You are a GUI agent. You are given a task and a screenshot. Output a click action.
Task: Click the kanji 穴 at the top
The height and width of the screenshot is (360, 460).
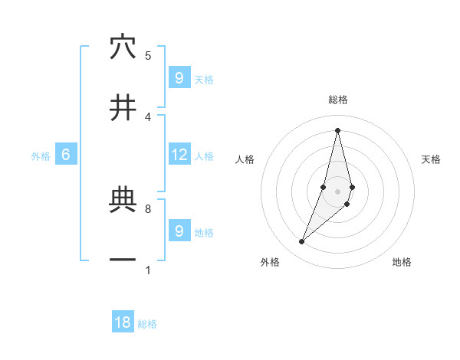point(123,47)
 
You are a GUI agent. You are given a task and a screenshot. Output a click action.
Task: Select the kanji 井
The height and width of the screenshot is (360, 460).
point(123,108)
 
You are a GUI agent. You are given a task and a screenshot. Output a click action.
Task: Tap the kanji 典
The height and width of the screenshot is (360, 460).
point(123,201)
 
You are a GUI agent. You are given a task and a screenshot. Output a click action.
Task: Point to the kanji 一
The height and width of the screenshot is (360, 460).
point(123,260)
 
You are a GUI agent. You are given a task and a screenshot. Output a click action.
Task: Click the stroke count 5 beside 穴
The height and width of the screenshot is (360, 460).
point(148,55)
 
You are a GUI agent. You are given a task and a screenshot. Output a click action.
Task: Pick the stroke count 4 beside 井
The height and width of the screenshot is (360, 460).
point(148,116)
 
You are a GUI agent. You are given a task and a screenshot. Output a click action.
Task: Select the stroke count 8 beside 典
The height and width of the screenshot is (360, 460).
point(148,208)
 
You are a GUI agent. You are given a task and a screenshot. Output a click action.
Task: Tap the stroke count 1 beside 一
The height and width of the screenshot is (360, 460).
point(148,270)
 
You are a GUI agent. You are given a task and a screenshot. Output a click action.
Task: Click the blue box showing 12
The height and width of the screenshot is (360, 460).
point(179,155)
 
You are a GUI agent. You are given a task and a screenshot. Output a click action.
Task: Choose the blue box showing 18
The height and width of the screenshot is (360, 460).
point(123,322)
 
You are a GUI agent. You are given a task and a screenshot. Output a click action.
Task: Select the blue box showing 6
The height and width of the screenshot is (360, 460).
point(66,155)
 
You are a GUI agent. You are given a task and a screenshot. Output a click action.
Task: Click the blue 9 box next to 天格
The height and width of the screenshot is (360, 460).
point(179,77)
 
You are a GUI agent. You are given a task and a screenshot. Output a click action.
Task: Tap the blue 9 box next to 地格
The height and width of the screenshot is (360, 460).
point(179,231)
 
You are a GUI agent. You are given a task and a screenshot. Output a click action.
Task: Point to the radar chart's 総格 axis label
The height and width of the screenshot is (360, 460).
point(338,100)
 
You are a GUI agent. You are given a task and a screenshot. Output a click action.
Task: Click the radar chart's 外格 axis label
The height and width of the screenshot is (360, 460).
point(270,262)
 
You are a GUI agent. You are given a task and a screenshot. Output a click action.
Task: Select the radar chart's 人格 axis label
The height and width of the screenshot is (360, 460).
point(245,159)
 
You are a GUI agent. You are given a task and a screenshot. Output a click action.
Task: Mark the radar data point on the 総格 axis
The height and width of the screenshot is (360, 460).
point(337,129)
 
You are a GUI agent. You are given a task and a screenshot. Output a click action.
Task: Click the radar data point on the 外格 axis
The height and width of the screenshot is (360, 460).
point(302,242)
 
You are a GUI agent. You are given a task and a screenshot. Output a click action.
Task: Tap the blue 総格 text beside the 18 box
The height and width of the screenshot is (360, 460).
point(147,324)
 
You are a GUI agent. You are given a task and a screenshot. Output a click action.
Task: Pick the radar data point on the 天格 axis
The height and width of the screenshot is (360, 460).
point(352,187)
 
